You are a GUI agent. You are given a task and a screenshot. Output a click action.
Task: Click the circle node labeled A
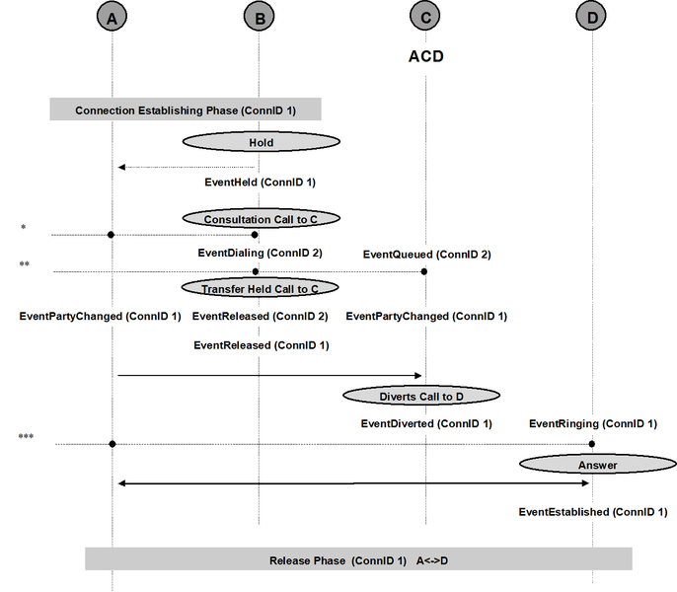tap(112, 18)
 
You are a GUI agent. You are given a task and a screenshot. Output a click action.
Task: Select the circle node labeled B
tap(259, 18)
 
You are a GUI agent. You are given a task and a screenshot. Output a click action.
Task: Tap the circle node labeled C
tap(424, 17)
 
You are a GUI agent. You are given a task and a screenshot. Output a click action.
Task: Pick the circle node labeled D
tap(591, 17)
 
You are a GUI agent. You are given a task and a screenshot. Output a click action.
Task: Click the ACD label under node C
tap(425, 56)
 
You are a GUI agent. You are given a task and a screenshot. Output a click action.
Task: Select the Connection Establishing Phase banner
tap(186, 109)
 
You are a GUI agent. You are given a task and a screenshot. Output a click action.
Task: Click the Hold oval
tap(262, 142)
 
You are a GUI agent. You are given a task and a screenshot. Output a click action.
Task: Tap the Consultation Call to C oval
tap(262, 218)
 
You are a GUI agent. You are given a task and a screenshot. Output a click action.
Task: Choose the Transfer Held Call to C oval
tap(260, 288)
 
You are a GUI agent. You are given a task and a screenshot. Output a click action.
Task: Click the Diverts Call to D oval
tap(421, 396)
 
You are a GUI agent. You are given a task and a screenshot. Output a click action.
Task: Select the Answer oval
tap(598, 464)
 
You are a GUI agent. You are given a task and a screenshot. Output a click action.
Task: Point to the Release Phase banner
tap(359, 559)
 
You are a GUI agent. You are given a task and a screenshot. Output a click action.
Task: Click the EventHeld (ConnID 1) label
tap(260, 183)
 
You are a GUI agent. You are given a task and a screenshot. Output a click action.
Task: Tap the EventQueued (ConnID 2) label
tap(427, 255)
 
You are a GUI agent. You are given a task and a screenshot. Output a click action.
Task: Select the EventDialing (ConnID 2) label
tap(260, 253)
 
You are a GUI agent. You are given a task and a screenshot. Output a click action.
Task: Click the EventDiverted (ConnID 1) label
tap(426, 423)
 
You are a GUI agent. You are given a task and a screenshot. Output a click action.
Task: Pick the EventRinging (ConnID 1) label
tap(593, 423)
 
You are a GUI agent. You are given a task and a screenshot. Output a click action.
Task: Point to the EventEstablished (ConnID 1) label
tap(593, 512)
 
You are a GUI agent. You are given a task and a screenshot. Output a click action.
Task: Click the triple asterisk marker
tap(26, 436)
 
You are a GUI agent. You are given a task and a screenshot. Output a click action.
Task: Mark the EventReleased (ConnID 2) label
tap(260, 316)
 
